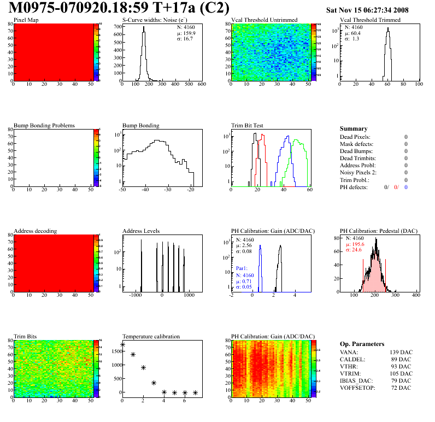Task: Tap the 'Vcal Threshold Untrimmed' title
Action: tap(264, 20)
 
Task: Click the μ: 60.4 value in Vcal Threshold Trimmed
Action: tap(352, 33)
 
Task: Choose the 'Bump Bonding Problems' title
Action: tap(44, 126)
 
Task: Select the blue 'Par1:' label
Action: tap(243, 269)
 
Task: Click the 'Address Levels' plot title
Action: tap(141, 231)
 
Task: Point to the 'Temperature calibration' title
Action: tap(151, 337)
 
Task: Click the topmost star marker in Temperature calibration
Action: tap(122, 345)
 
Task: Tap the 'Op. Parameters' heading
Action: tap(360, 344)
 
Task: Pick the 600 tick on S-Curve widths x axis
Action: tap(201, 85)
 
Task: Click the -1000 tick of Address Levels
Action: tap(134, 295)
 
